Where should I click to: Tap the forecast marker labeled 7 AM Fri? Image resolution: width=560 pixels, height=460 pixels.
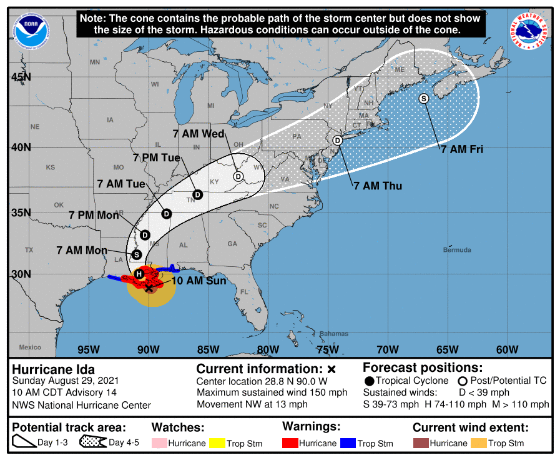click(x=424, y=98)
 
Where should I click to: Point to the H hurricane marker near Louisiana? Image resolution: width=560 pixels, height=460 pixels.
click(x=139, y=274)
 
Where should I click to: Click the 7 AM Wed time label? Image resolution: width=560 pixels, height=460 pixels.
click(x=199, y=134)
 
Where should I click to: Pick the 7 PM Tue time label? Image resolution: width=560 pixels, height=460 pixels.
click(x=156, y=157)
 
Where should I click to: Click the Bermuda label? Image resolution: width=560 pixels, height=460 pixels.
click(x=457, y=250)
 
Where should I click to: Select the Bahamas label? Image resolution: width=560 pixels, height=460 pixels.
click(x=333, y=334)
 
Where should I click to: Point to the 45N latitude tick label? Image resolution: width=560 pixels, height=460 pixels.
click(x=21, y=77)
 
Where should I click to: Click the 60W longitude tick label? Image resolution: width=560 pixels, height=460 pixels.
click(x=507, y=349)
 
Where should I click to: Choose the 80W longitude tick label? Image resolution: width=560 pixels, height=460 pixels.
click(x=267, y=349)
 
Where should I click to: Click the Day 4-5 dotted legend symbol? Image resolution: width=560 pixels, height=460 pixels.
click(x=93, y=443)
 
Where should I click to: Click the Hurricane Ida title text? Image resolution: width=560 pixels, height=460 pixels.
click(x=54, y=369)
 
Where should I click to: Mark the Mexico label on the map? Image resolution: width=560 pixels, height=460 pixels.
click(x=29, y=347)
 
